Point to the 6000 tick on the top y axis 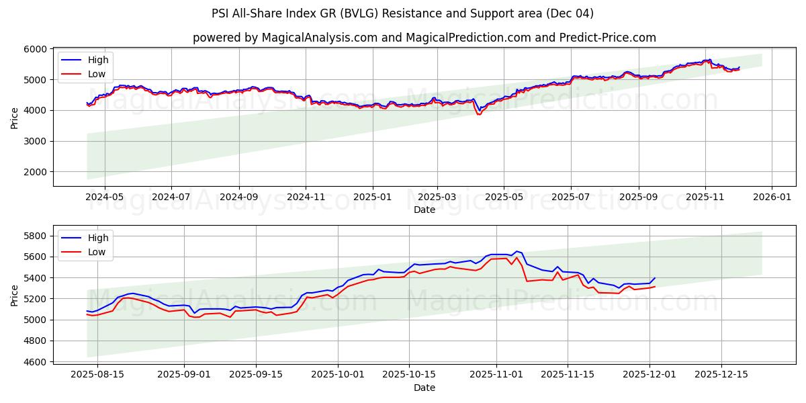click(36, 49)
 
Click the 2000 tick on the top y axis click(36, 172)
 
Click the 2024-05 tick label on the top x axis click(105, 197)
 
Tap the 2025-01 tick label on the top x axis click(371, 197)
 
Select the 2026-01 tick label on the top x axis click(771, 197)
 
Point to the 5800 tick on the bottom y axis click(36, 236)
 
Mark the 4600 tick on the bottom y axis click(36, 362)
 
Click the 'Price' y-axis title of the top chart click(15, 117)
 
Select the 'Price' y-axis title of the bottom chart click(15, 295)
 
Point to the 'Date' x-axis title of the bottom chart click(424, 388)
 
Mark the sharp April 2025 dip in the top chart click(479, 114)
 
